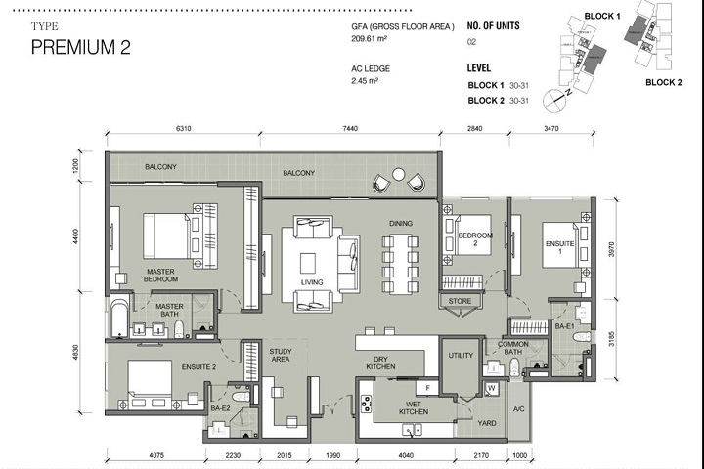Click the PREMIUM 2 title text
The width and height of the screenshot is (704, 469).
(80, 47)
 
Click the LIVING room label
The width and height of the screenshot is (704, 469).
(312, 283)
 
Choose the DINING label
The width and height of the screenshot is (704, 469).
(401, 224)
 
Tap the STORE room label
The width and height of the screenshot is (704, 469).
(460, 301)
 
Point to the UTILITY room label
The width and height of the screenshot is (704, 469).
(461, 356)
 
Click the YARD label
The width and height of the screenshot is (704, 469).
(487, 424)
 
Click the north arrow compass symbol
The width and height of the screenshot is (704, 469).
(560, 95)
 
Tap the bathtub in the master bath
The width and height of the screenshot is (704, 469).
(118, 319)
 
